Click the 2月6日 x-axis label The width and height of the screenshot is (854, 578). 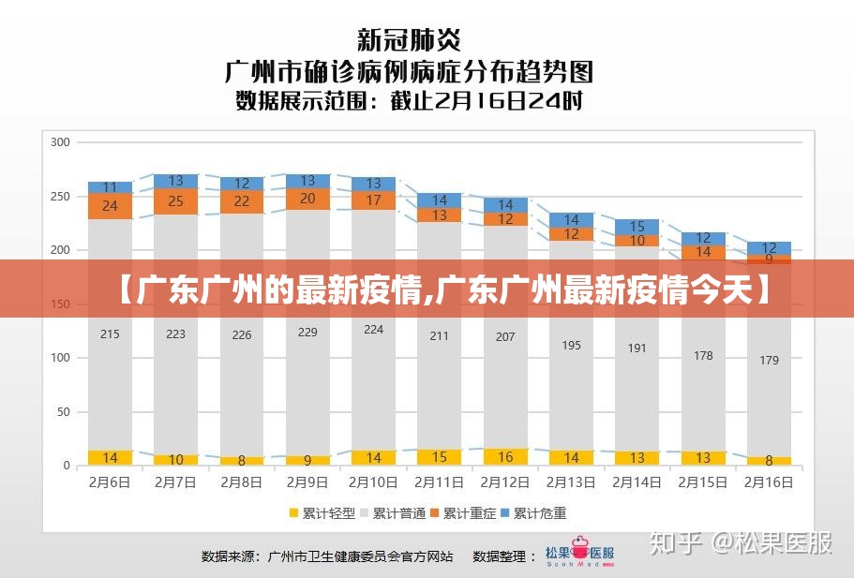click(x=110, y=482)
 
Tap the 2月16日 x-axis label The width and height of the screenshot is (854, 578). click(x=769, y=482)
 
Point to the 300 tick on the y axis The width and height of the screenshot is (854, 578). click(x=60, y=142)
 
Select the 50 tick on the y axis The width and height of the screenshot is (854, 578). click(x=64, y=412)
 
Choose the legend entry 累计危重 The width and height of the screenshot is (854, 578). click(x=533, y=513)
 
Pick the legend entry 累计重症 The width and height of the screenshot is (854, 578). click(x=463, y=513)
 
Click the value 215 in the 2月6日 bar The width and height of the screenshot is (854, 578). click(x=110, y=333)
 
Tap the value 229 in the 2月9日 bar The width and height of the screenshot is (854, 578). click(x=307, y=332)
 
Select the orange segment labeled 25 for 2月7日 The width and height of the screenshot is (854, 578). click(x=175, y=200)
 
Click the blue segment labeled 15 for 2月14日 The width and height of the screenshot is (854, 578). click(x=637, y=227)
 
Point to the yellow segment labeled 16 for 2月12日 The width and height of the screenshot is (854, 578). click(x=505, y=457)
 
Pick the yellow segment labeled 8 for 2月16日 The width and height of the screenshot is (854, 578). click(x=769, y=461)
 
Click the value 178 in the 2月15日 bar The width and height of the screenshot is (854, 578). click(x=703, y=356)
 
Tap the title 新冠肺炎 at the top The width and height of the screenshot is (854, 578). click(x=409, y=40)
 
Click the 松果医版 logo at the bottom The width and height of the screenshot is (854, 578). click(x=580, y=556)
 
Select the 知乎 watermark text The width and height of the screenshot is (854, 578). click(x=678, y=543)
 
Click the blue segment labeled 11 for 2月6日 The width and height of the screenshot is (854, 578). click(x=110, y=187)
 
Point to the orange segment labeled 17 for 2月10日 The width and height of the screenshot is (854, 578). click(x=373, y=200)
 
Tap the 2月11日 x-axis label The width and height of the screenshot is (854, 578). click(x=439, y=482)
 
